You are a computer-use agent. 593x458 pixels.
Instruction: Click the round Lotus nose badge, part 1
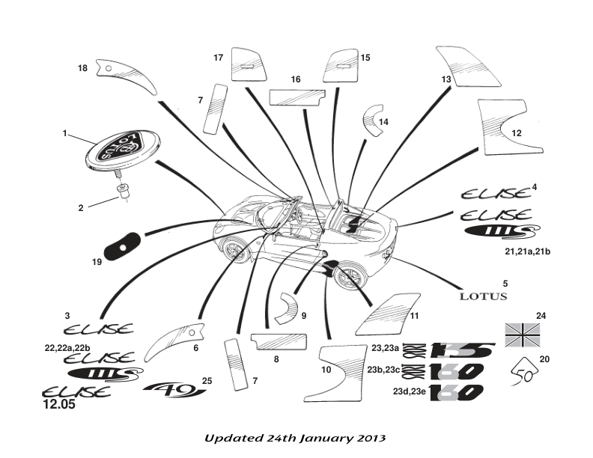pyautogui.click(x=115, y=152)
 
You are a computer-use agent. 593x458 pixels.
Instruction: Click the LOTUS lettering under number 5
pyautogui.click(x=483, y=296)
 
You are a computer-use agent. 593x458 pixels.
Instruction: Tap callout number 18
pyautogui.click(x=82, y=68)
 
